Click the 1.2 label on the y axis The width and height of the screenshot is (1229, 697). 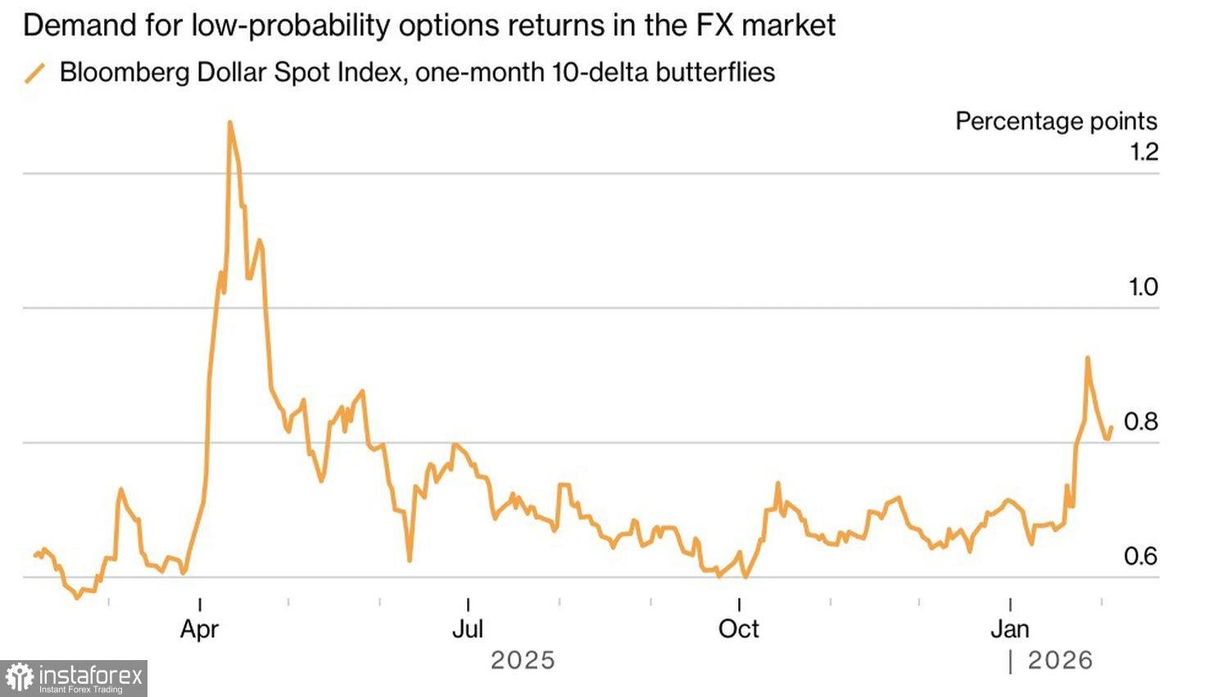pyautogui.click(x=1143, y=152)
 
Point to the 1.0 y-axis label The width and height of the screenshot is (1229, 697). pyautogui.click(x=1143, y=287)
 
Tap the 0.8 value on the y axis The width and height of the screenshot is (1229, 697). pyautogui.click(x=1141, y=421)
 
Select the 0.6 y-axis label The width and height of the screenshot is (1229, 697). pyautogui.click(x=1141, y=556)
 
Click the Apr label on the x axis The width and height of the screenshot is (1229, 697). pyautogui.click(x=199, y=629)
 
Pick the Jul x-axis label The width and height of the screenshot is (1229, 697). pyautogui.click(x=468, y=629)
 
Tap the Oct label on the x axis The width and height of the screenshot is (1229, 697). pyautogui.click(x=738, y=629)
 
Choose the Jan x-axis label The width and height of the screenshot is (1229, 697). pyautogui.click(x=1009, y=629)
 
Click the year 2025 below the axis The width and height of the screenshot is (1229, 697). pyautogui.click(x=523, y=660)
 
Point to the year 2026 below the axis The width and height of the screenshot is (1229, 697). pyautogui.click(x=1060, y=660)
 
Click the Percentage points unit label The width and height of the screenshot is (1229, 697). pyautogui.click(x=1055, y=121)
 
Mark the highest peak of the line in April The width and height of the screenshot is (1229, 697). pyautogui.click(x=229, y=122)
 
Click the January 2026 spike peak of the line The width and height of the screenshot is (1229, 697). pyautogui.click(x=1087, y=358)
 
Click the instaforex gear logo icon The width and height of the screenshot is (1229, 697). pyautogui.click(x=19, y=677)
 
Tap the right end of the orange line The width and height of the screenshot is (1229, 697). pyautogui.click(x=1112, y=426)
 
